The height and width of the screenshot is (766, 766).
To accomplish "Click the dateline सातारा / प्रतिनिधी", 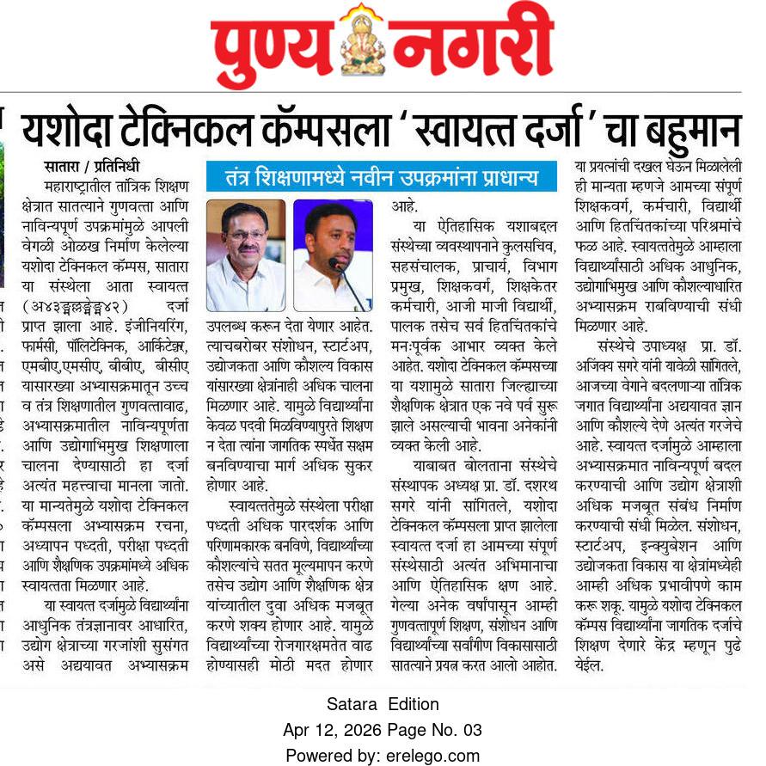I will coord(91,167).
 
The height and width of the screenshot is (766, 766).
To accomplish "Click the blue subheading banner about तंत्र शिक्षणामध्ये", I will coord(382,177).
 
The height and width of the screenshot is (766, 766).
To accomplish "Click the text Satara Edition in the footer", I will coord(383,704).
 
